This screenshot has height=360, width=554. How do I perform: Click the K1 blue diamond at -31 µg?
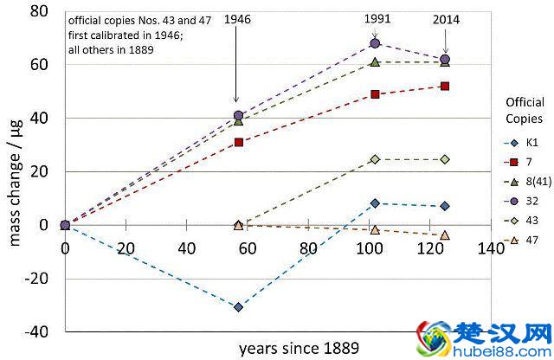coord(238,307)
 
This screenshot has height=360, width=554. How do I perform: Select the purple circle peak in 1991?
coord(375,42)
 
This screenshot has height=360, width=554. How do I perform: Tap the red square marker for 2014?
coord(445,86)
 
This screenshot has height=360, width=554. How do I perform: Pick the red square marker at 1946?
coord(238,142)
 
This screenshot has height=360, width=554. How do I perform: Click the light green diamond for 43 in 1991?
coord(375,159)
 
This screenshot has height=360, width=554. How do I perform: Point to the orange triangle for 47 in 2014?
coord(445,235)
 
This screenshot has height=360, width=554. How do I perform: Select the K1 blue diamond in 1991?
coord(375,203)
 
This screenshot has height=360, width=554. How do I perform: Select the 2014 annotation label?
coord(444,18)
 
